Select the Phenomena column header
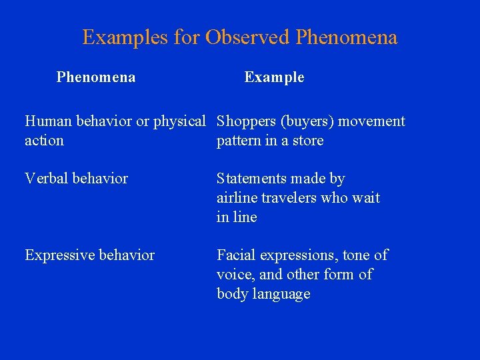click(x=96, y=77)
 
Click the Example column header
click(x=274, y=77)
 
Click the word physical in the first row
click(x=179, y=121)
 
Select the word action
click(x=44, y=141)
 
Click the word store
click(x=307, y=141)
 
